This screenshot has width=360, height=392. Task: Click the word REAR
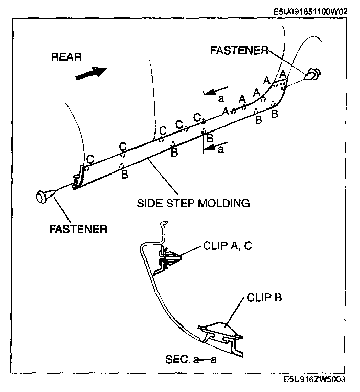[66, 57]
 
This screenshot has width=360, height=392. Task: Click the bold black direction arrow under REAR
[91, 73]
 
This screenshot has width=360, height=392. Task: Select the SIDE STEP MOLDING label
[193, 203]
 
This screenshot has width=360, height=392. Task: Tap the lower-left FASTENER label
[78, 229]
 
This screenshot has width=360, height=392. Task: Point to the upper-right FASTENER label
[239, 50]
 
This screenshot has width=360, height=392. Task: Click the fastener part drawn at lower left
[43, 196]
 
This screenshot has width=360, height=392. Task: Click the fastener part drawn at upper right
[312, 75]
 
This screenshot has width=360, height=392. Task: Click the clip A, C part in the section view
[170, 257]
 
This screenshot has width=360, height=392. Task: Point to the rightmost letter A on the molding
[282, 74]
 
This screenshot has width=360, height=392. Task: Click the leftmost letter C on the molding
[89, 159]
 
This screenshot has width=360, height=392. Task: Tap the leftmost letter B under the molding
[124, 174]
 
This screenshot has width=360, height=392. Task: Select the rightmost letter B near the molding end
[275, 114]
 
